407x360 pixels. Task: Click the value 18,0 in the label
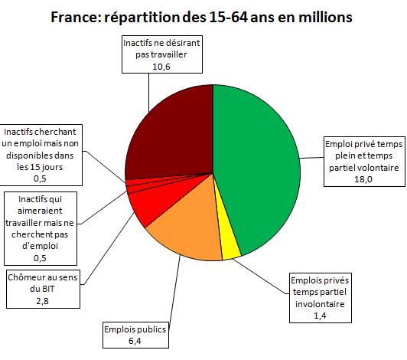[x=362, y=179]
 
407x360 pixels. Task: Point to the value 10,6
[x=161, y=67]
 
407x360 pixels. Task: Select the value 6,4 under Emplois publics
[x=135, y=341]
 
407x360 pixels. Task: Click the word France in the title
[x=77, y=15]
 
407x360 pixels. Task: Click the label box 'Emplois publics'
[x=135, y=330]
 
